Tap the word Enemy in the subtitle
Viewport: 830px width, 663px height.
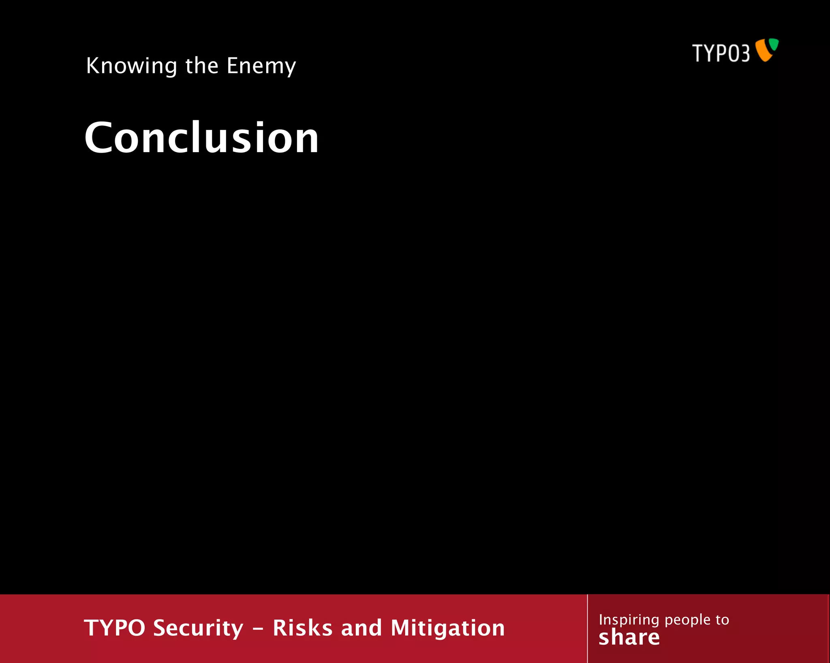[261, 66]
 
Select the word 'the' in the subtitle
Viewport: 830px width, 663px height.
[202, 66]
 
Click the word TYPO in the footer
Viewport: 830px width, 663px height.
[115, 628]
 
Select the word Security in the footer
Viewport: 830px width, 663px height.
[199, 628]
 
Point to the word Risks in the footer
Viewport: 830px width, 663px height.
[303, 628]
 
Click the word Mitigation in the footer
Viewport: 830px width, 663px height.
[448, 628]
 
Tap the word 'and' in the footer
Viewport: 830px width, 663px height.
[362, 628]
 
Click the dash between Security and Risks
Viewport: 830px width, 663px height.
[258, 629]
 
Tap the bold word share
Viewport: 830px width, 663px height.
[629, 637]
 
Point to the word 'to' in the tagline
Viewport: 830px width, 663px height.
[722, 620]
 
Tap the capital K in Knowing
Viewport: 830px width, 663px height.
[92, 66]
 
